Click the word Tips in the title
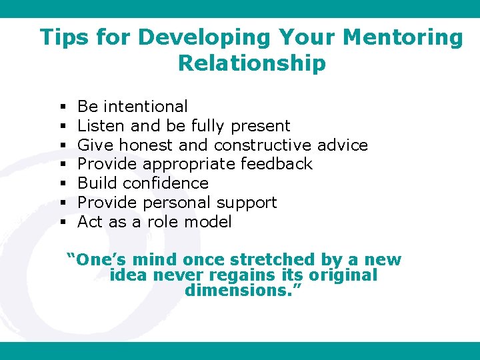(x=64, y=37)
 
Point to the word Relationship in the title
(x=252, y=63)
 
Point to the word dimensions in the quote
(x=241, y=291)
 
